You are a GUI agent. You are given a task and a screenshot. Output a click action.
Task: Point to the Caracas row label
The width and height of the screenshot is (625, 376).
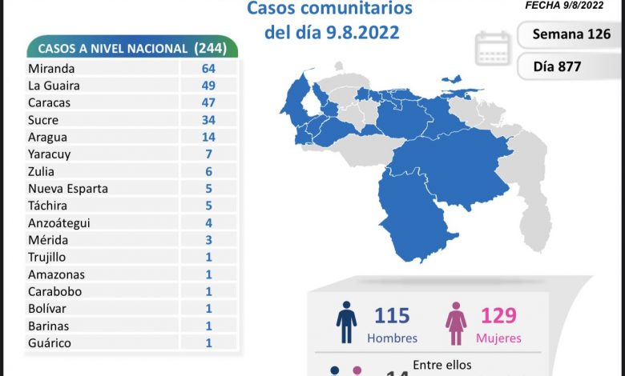(48, 102)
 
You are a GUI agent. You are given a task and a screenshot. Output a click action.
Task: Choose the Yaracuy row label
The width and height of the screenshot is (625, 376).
(49, 154)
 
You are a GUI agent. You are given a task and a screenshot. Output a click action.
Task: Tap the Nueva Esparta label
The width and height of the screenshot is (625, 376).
(67, 189)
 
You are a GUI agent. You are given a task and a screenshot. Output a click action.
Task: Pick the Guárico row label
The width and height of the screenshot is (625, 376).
(49, 343)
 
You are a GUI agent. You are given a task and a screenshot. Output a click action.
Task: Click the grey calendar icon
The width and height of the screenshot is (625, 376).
(493, 48)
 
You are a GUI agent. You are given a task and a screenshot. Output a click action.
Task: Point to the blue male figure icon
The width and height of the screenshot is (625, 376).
(346, 324)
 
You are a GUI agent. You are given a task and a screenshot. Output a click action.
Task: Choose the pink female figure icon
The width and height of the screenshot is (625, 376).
(456, 324)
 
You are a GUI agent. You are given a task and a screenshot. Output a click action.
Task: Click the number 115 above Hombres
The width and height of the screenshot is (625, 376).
(392, 315)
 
